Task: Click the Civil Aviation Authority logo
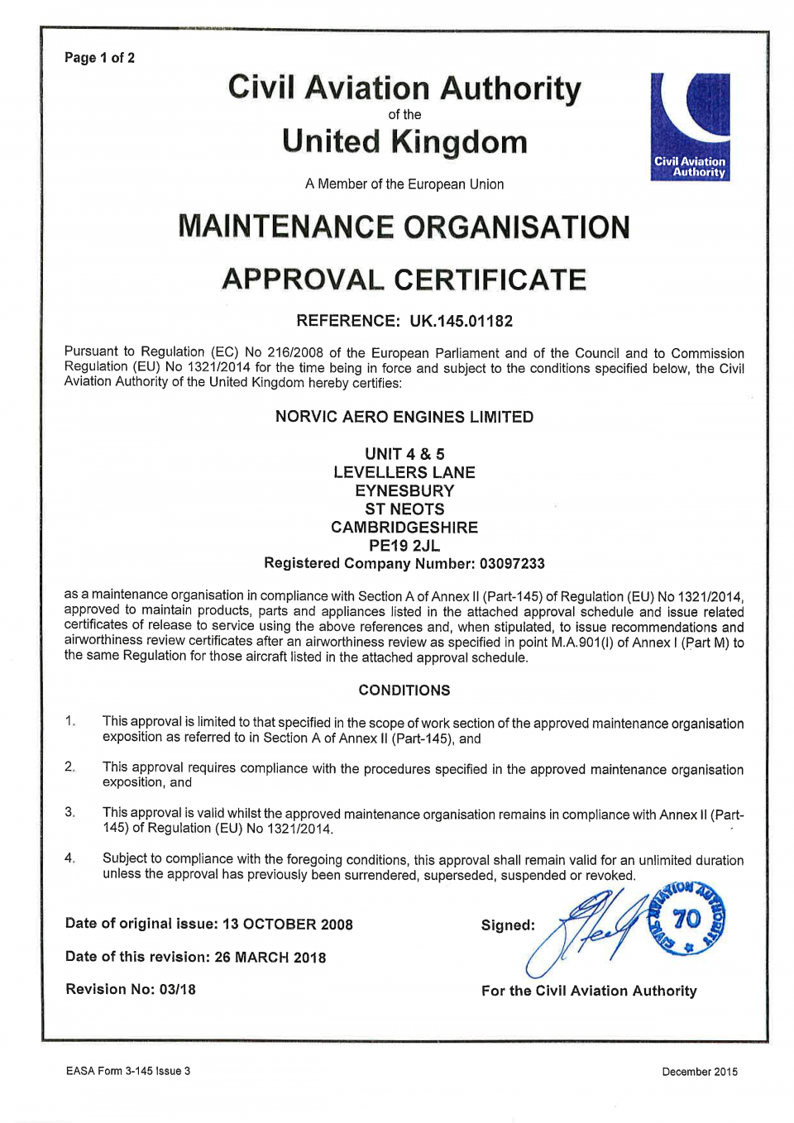(690, 127)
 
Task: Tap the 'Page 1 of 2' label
(99, 58)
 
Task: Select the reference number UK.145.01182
(461, 321)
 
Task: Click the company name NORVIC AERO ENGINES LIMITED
(404, 417)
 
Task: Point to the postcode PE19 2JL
(404, 546)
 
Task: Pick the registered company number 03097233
(512, 564)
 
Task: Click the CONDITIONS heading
(404, 691)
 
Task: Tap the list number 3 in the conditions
(69, 813)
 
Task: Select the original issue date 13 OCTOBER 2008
(287, 925)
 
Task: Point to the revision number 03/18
(177, 990)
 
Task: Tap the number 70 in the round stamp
(686, 919)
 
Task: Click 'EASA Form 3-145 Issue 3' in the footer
(128, 1072)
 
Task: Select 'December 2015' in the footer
(699, 1072)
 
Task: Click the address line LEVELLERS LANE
(404, 473)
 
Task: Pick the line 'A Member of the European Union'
(404, 184)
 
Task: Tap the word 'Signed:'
(508, 925)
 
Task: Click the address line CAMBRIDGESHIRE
(404, 528)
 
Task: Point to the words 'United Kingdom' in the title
(404, 142)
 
